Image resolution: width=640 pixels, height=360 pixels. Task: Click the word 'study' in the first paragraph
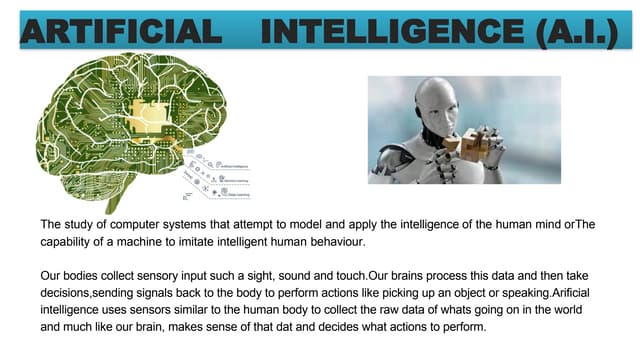coord(81,223)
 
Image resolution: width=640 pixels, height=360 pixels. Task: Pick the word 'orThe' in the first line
coord(579,223)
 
